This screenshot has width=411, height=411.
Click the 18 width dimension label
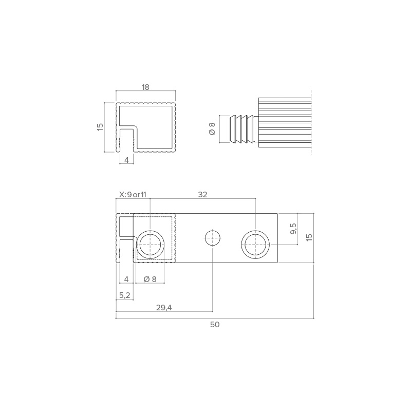click(145, 87)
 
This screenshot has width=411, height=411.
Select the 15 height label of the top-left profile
click(100, 127)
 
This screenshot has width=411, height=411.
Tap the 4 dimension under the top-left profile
click(126, 160)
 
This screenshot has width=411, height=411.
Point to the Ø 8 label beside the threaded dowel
click(212, 129)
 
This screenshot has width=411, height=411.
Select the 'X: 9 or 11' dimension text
click(133, 195)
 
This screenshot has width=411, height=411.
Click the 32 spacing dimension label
click(202, 195)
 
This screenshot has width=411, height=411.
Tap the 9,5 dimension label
click(293, 229)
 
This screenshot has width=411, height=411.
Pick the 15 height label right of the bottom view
click(309, 237)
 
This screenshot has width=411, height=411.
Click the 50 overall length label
click(215, 325)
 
